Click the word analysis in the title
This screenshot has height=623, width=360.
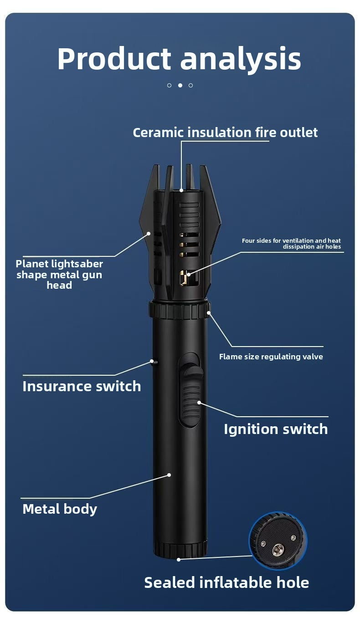click(x=241, y=60)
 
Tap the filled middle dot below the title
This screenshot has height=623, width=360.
click(x=180, y=85)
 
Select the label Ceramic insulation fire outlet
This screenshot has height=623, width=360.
click(x=225, y=133)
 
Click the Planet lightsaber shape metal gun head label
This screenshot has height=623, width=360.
click(x=59, y=275)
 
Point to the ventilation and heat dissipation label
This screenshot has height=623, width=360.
click(x=291, y=244)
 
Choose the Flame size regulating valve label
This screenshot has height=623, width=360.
click(x=271, y=357)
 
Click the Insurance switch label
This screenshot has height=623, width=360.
click(x=82, y=386)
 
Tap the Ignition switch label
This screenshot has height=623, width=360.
click(x=276, y=429)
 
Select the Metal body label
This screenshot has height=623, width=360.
click(x=60, y=509)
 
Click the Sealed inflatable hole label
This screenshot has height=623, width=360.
click(x=226, y=582)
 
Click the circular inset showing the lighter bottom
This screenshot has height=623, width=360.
click(x=278, y=541)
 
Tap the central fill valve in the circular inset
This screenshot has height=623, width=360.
click(x=276, y=550)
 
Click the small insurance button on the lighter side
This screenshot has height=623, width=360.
click(x=154, y=363)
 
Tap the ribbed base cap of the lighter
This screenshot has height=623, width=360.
click(x=180, y=549)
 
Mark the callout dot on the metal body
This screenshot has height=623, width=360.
click(x=169, y=475)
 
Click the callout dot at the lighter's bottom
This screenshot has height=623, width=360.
click(x=179, y=559)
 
